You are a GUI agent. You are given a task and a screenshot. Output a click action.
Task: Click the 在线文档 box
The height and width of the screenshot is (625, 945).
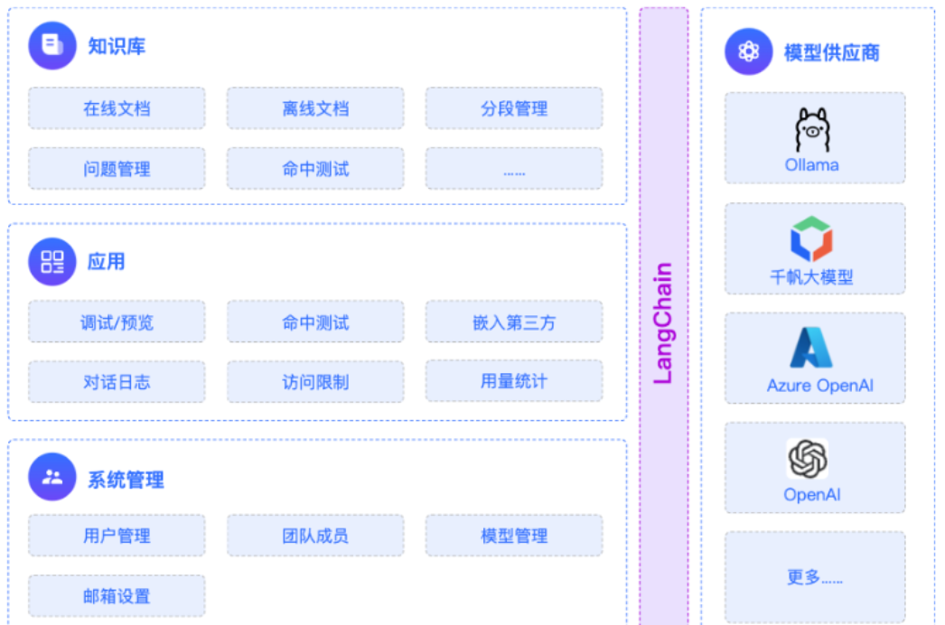point(117,108)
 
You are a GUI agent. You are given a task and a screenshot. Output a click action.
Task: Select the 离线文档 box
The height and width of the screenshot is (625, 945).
point(315,108)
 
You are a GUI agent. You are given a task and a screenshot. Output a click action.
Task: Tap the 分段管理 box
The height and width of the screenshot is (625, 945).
point(514,108)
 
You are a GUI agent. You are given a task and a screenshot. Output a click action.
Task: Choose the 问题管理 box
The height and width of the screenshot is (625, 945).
point(117,169)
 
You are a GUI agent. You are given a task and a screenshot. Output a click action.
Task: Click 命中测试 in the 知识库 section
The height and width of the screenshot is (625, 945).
point(315,169)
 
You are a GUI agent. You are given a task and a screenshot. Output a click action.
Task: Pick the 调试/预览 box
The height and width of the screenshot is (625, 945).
point(117,322)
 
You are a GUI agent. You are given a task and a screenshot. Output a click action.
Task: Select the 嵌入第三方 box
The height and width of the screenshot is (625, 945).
point(514,322)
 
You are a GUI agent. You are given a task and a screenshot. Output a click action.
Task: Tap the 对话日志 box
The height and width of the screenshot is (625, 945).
point(117,381)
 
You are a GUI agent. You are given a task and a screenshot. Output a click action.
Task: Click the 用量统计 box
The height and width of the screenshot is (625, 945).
point(514,381)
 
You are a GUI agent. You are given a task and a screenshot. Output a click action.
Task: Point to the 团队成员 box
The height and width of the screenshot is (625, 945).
point(315,536)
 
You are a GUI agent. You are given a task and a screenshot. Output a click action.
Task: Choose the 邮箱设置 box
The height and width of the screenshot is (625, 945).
point(117,596)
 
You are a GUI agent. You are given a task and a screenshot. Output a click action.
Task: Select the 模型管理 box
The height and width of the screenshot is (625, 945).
point(514,536)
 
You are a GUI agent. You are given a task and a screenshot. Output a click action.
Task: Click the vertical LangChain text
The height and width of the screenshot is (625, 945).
point(663,323)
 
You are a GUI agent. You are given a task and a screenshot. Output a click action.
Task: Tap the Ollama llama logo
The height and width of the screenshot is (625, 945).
point(812,129)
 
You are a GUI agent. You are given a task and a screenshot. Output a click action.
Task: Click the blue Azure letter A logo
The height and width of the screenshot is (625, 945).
point(811,347)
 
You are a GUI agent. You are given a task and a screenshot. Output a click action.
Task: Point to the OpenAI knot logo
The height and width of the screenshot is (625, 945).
point(808,459)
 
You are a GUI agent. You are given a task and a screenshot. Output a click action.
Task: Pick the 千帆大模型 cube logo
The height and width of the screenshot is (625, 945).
point(811,239)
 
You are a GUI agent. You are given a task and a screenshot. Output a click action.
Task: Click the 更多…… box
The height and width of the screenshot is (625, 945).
point(815,577)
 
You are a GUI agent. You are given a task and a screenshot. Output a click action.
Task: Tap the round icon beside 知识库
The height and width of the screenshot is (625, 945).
point(52,46)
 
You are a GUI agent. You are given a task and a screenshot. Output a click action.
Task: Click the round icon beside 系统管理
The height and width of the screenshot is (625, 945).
point(52,477)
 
